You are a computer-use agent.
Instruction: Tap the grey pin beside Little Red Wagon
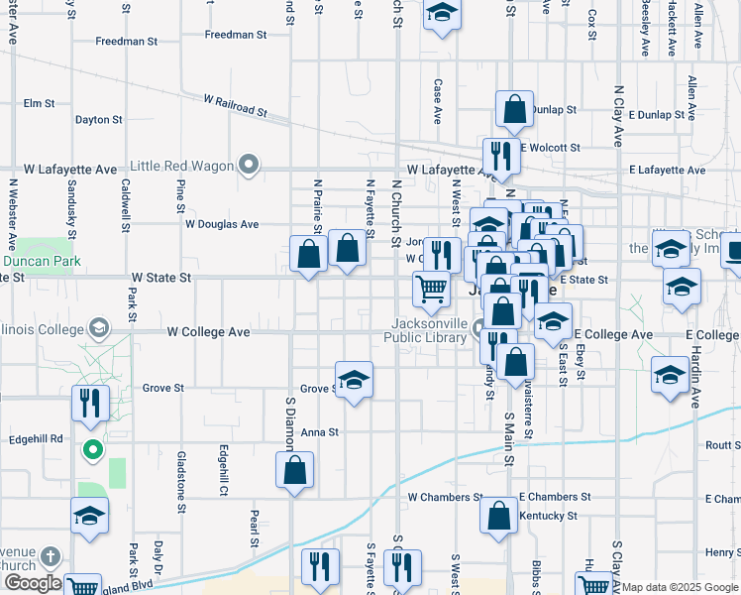point(250,166)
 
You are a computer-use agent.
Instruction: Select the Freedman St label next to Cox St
point(236,35)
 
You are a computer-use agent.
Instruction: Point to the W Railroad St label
point(236,106)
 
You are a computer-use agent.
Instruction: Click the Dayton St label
point(98,120)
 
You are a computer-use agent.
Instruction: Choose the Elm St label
point(39,103)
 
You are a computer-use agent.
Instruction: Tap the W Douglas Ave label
point(221,224)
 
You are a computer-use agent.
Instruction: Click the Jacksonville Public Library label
point(428,330)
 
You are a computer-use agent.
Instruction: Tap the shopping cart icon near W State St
point(431,290)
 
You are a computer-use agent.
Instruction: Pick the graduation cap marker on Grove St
point(353,381)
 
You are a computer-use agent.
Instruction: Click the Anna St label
point(320,432)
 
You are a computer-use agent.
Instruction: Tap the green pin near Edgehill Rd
point(93,450)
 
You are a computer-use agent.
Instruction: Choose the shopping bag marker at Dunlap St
point(514,111)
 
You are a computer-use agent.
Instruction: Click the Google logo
point(32,583)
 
